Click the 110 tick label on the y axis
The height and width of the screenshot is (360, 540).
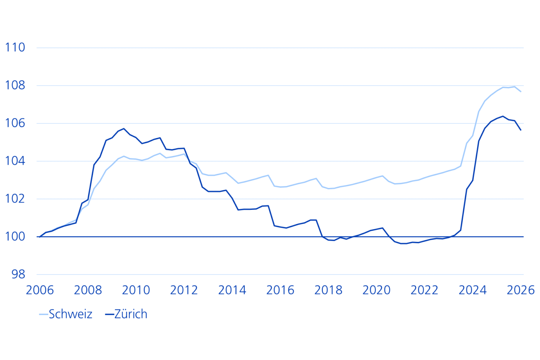tap(15, 47)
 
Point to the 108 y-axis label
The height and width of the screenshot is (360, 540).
tap(15, 85)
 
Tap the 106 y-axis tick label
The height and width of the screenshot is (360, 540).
tap(15, 123)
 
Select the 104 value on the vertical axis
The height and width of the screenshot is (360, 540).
tap(15, 161)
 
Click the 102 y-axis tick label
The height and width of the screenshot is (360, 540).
tap(15, 199)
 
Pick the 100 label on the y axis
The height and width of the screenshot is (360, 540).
tap(15, 237)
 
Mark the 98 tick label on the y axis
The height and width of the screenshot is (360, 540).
tap(19, 274)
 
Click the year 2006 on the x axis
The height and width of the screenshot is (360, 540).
tap(40, 290)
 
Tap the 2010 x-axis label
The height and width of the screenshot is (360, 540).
tap(136, 290)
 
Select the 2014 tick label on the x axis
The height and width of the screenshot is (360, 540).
tap(232, 290)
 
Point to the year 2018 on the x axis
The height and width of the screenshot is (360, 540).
tap(328, 290)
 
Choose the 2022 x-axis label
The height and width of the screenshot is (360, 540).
tap(425, 290)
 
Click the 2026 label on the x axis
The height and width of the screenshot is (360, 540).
tap(521, 290)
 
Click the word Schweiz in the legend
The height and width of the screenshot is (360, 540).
tap(71, 314)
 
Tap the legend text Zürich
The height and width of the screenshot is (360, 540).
tap(131, 314)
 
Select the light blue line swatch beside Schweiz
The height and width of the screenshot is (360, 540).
tap(43, 314)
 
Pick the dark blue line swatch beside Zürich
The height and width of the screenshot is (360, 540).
tap(110, 314)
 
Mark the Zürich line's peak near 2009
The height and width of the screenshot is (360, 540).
tap(124, 128)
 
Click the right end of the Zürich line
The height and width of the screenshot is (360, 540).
tap(521, 130)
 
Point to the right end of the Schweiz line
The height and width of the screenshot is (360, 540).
tap(521, 91)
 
